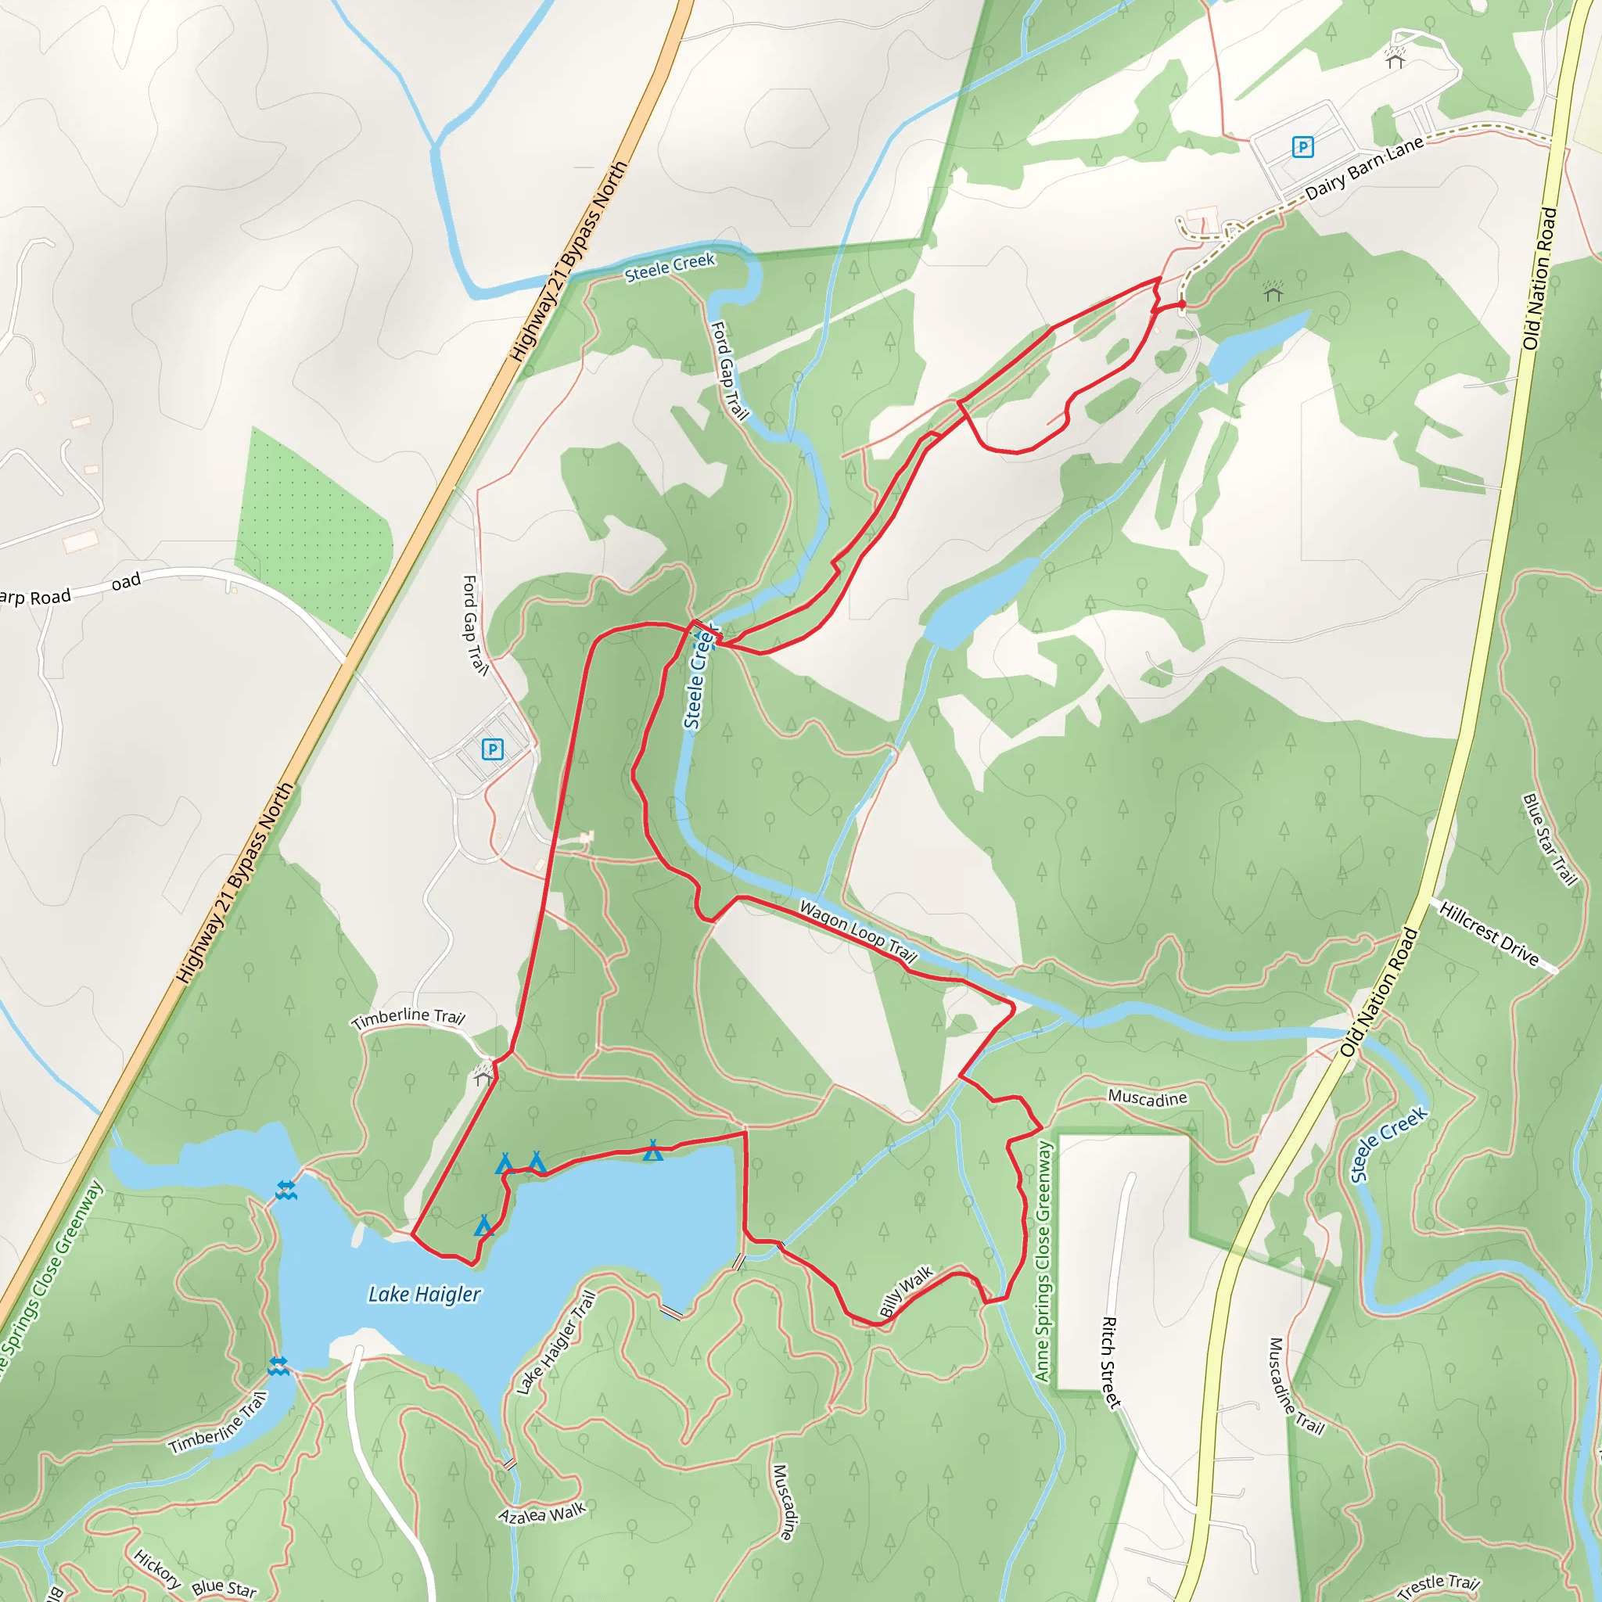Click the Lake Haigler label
pyautogui.click(x=424, y=1295)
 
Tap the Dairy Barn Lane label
pyautogui.click(x=1364, y=168)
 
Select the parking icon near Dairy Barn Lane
pyautogui.click(x=1302, y=148)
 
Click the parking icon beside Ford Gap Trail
pyautogui.click(x=493, y=749)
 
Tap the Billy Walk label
pyautogui.click(x=907, y=1291)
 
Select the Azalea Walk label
pyautogui.click(x=542, y=1514)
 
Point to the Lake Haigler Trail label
pyautogui.click(x=555, y=1342)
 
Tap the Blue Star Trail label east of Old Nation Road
pyautogui.click(x=1549, y=839)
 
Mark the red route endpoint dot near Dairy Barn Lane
pyautogui.click(x=1182, y=305)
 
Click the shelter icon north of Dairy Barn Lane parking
pyautogui.click(x=1395, y=58)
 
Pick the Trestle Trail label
pyautogui.click(x=1438, y=1584)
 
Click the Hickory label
pyautogui.click(x=156, y=1569)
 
